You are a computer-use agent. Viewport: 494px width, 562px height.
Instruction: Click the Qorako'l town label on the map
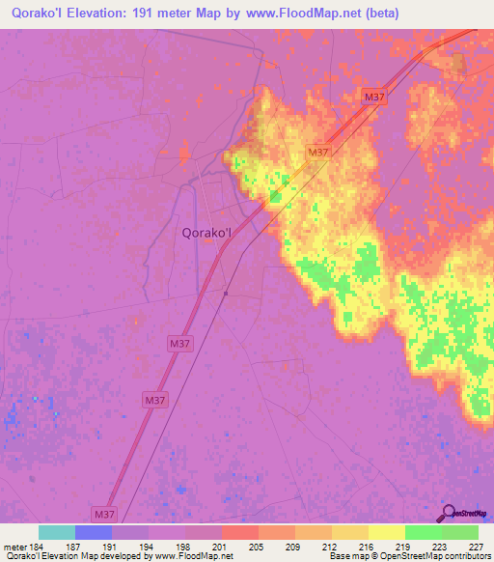(206, 232)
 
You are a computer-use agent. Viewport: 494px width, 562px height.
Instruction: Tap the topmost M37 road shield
(375, 97)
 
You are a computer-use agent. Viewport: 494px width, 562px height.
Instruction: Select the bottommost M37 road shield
(105, 515)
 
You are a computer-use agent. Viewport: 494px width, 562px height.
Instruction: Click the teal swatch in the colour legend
(57, 532)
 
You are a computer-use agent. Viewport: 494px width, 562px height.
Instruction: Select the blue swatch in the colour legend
(94, 532)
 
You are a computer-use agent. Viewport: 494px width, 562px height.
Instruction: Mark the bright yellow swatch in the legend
(386, 532)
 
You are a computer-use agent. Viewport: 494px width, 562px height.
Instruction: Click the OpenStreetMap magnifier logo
(447, 512)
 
